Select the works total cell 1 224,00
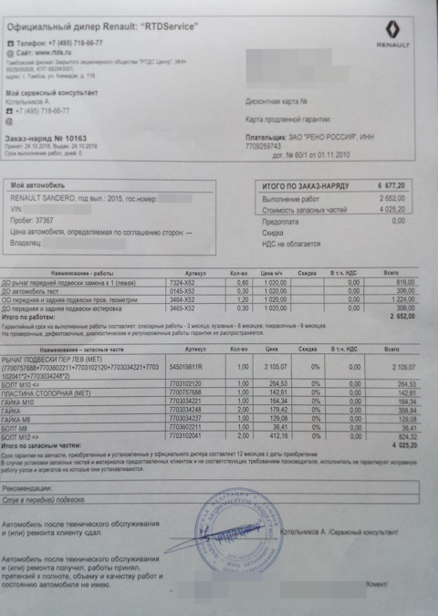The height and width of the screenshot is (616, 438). (x=399, y=300)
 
